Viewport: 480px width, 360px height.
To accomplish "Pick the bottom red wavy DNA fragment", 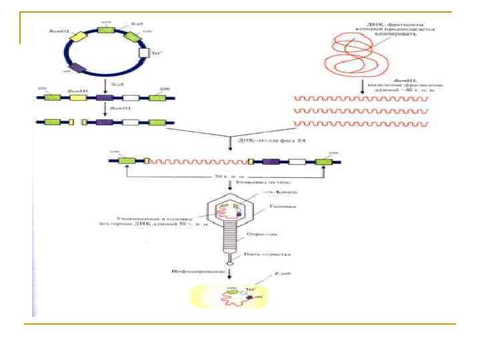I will (361, 124).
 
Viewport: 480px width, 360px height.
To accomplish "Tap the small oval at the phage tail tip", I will (230, 263).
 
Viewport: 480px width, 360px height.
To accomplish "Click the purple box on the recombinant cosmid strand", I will (270, 161).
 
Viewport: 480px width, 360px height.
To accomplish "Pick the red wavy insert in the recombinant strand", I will (197, 161).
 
